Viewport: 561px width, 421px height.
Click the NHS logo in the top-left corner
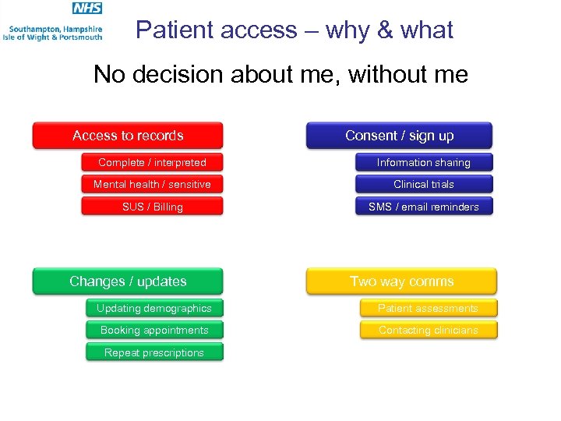[x=86, y=9]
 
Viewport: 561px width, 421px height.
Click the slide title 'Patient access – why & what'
[x=294, y=30]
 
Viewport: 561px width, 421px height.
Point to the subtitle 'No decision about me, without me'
[x=280, y=74]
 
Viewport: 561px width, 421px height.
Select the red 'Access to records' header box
[x=128, y=135]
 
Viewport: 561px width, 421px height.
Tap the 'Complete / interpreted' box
[x=152, y=162]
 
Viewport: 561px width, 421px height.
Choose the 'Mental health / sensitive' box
[x=152, y=184]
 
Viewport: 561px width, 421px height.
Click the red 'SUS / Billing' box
[x=152, y=207]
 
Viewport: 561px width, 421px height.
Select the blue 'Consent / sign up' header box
[x=399, y=135]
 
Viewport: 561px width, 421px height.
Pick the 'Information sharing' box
[x=424, y=162]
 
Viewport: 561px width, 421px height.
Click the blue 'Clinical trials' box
[x=424, y=184]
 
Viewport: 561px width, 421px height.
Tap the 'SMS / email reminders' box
[x=424, y=207]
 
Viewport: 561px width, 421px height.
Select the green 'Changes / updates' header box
[x=128, y=281]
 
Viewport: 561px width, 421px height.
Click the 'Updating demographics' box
[x=154, y=308]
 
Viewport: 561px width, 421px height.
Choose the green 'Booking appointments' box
[x=154, y=330]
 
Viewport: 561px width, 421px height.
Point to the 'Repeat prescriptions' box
[x=154, y=352]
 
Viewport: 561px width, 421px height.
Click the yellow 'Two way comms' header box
[x=401, y=281]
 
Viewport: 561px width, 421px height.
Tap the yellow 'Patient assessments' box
[x=428, y=308]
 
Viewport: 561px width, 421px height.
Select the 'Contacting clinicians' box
[x=428, y=330]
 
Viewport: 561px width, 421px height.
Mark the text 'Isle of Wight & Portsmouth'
[x=52, y=37]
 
